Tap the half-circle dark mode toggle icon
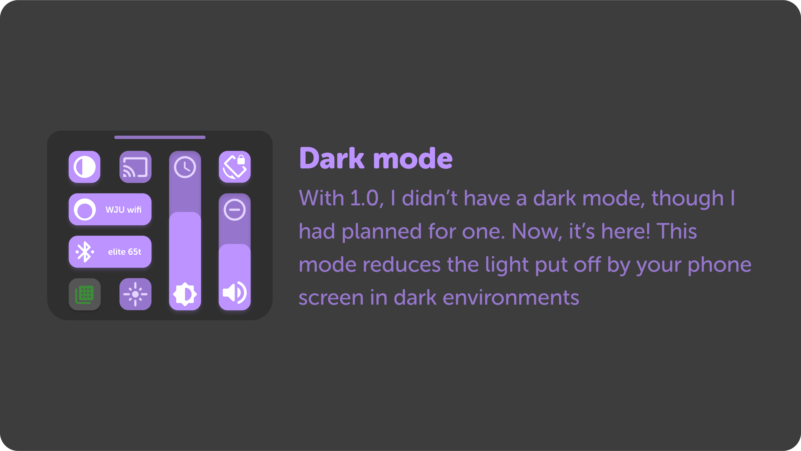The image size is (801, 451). tap(84, 167)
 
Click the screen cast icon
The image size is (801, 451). tap(135, 167)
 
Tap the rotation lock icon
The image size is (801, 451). tap(235, 167)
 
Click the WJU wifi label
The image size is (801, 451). tap(123, 210)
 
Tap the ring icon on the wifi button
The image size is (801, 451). tap(84, 210)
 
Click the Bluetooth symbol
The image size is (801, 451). tap(84, 252)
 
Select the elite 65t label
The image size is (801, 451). tap(124, 252)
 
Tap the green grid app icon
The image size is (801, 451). tap(84, 294)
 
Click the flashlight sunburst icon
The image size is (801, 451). tap(135, 294)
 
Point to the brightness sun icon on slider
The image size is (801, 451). tap(185, 294)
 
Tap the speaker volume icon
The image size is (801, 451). tap(235, 292)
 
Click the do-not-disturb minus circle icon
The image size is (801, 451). tap(235, 210)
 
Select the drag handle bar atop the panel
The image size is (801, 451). tap(160, 137)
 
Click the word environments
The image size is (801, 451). tap(511, 298)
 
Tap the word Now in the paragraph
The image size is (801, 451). tap(537, 231)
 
